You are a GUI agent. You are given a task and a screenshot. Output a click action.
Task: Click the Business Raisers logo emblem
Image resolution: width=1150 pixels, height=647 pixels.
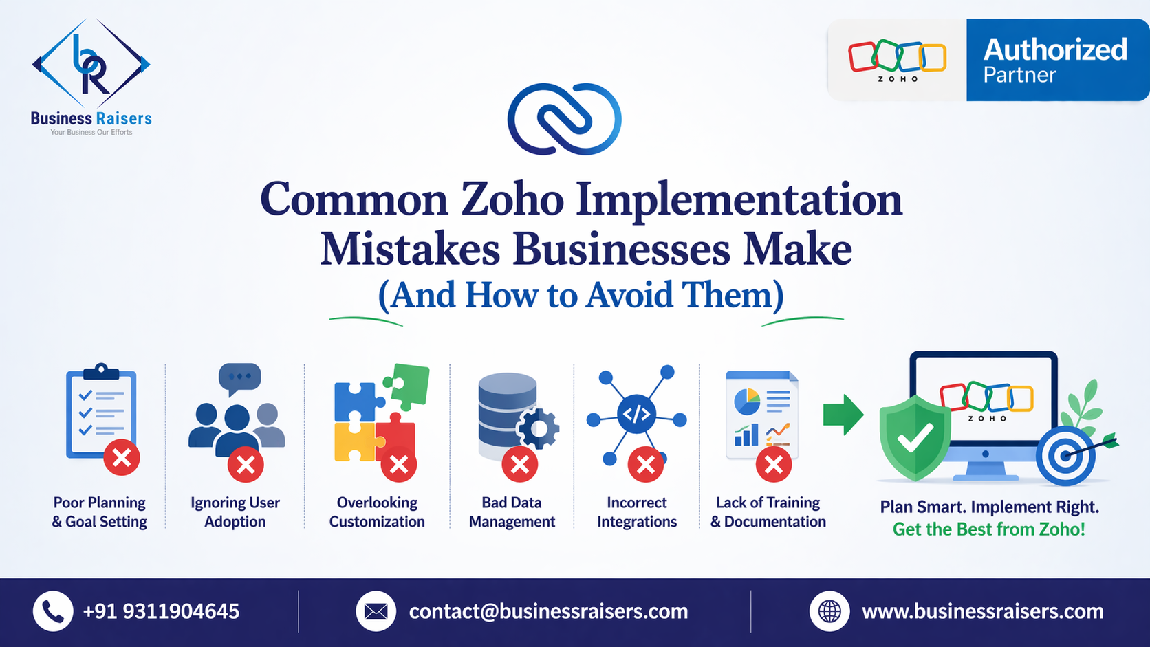click(91, 63)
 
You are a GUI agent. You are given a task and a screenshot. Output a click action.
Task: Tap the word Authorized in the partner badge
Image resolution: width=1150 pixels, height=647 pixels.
click(1055, 50)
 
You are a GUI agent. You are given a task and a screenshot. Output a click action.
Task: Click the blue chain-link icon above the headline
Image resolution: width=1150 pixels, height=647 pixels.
click(564, 119)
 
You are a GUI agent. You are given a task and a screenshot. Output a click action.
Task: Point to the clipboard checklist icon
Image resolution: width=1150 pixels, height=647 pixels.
click(101, 410)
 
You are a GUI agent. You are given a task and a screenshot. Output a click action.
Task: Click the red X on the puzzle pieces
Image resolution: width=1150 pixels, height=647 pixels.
click(398, 465)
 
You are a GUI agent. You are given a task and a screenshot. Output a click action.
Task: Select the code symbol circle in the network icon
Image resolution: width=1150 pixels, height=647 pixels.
click(637, 414)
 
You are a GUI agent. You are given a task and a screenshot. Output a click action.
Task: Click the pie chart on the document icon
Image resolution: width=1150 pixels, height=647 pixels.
click(747, 402)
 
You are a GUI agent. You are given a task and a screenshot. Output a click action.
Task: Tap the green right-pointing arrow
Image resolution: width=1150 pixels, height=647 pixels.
click(843, 415)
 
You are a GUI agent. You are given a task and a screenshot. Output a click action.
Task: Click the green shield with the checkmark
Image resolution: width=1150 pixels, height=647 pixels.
click(915, 438)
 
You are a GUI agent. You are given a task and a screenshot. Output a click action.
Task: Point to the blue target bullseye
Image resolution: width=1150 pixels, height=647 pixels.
click(1066, 456)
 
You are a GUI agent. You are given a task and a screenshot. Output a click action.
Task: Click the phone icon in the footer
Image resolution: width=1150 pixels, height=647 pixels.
click(53, 611)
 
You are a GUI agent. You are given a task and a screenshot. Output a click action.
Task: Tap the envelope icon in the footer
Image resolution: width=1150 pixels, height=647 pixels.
click(376, 611)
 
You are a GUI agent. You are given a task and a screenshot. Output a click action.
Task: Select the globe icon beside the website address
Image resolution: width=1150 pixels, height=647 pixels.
click(829, 611)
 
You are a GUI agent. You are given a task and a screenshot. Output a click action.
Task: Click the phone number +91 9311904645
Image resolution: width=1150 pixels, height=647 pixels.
click(161, 611)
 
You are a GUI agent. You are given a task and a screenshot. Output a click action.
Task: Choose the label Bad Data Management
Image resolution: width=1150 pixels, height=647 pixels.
click(512, 512)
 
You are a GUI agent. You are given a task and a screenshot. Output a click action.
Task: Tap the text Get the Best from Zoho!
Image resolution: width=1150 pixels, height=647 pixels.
click(989, 529)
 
